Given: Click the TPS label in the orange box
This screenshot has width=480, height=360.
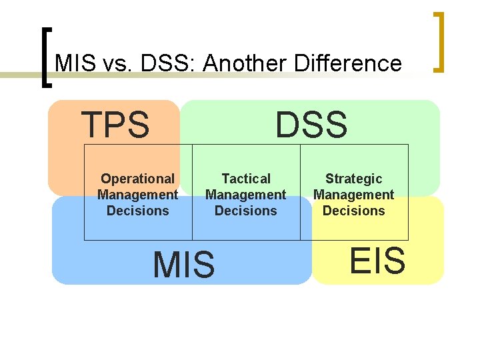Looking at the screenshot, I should [115, 125].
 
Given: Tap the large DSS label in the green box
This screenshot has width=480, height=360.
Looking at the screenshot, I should [311, 125].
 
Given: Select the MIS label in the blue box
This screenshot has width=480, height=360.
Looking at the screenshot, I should [184, 264].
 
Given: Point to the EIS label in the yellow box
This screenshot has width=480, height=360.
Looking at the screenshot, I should [377, 260].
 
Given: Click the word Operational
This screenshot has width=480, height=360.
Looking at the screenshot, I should [137, 179].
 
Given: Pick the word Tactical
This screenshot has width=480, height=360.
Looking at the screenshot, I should [246, 179].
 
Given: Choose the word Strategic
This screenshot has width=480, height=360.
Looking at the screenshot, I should [353, 179].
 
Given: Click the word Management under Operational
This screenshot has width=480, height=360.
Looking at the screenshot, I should [137, 195].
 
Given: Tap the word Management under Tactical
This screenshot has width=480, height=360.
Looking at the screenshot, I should [245, 195].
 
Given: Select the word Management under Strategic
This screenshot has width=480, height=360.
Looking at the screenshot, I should [353, 195].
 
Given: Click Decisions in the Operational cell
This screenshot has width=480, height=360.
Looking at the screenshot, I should [137, 211].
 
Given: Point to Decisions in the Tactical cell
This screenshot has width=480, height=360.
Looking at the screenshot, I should [245, 211].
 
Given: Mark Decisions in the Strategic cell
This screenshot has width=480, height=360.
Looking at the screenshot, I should [353, 211].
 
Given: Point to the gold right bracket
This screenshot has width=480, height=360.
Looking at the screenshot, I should [440, 41].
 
